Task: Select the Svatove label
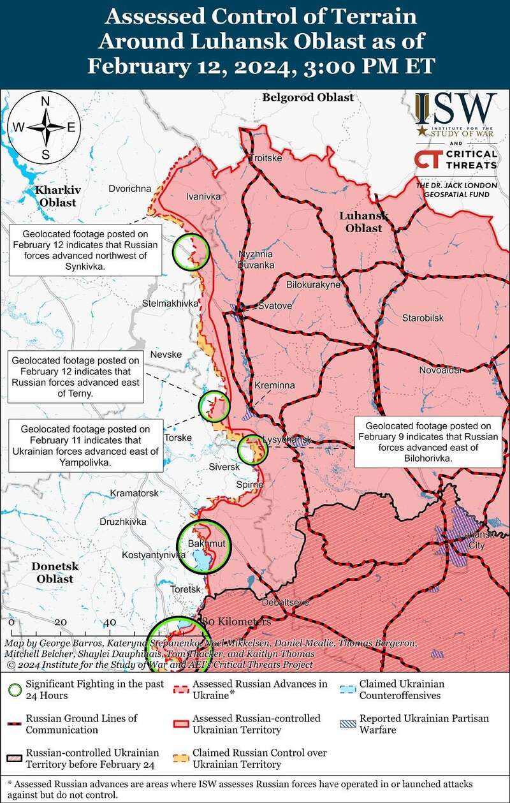pos(275,306)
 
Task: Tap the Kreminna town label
pos(275,387)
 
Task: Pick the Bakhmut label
pos(203,543)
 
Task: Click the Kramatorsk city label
pos(134,493)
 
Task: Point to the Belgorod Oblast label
pos(307,98)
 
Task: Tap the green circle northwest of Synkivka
pos(191,251)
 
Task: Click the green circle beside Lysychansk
pos(252,450)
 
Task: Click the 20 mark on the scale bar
pos(61,622)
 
